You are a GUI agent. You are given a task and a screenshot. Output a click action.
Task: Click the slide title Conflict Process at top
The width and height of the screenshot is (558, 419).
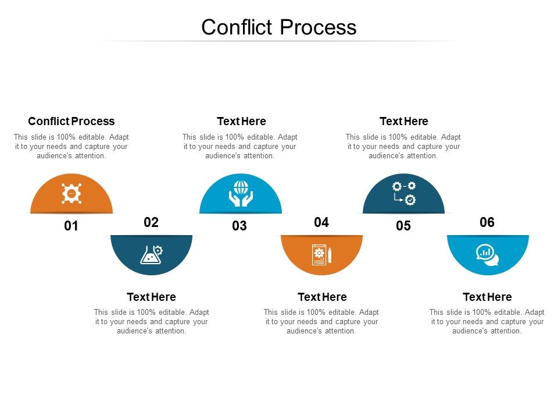click(x=279, y=27)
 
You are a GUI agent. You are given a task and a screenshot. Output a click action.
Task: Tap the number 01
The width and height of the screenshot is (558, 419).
click(x=71, y=226)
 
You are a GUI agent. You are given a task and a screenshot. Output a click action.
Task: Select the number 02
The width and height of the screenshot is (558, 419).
click(x=151, y=222)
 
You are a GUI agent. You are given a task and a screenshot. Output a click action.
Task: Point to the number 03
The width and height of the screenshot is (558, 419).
click(x=239, y=226)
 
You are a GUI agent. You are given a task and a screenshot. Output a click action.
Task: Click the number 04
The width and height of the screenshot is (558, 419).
click(x=321, y=222)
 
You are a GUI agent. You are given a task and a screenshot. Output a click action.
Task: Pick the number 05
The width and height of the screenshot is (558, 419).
click(x=403, y=226)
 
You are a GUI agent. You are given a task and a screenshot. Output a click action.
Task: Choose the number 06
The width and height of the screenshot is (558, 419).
click(x=487, y=222)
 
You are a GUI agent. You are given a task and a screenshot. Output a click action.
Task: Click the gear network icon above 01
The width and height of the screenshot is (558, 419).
click(x=71, y=193)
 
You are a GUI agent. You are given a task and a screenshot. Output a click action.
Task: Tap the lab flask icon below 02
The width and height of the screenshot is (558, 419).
click(x=151, y=254)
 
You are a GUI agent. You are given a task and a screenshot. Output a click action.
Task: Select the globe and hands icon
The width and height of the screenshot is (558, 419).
click(x=241, y=193)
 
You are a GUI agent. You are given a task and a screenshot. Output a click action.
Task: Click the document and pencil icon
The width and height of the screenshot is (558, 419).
click(x=321, y=255)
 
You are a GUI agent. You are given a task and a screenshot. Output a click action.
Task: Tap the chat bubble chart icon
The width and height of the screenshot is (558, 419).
click(x=487, y=254)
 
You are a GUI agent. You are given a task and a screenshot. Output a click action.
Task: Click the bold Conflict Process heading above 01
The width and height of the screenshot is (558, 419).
click(x=71, y=121)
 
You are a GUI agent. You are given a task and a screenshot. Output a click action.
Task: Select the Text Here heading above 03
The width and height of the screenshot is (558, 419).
click(x=241, y=121)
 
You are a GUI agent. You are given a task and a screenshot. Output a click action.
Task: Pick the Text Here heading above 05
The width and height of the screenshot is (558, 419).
click(x=404, y=121)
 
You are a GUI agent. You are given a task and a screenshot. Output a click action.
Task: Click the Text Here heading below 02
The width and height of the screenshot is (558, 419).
click(x=151, y=297)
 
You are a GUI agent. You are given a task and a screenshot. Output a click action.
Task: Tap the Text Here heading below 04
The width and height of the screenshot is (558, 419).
click(x=322, y=297)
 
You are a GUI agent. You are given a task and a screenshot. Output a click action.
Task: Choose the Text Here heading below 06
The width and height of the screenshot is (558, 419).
click(x=487, y=297)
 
